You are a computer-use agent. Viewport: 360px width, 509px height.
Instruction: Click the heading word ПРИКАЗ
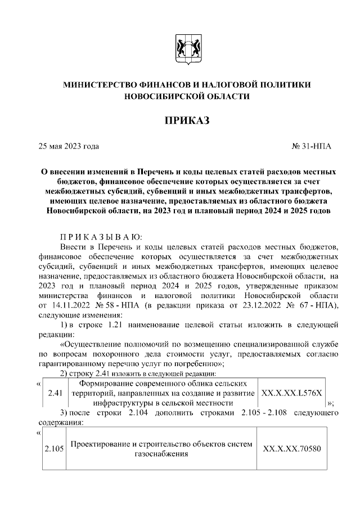186,121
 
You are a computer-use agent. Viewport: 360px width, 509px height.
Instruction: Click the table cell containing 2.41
54,393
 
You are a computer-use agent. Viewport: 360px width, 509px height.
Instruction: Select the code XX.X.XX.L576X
291,393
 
